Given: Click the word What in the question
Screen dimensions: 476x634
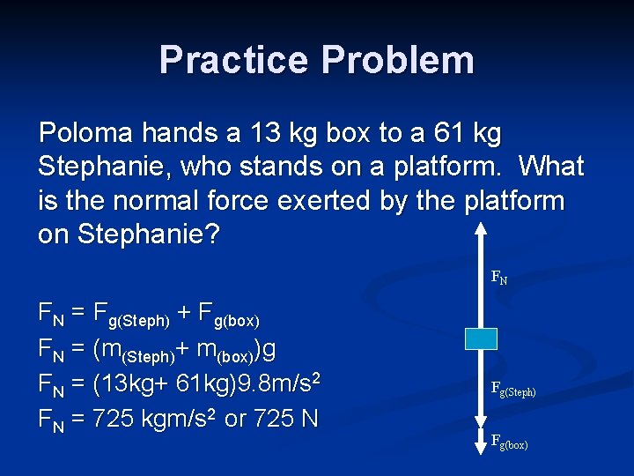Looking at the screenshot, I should click(551, 167).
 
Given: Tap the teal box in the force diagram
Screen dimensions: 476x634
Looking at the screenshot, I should click(481, 338).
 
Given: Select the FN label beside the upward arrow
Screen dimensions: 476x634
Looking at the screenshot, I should click(499, 278).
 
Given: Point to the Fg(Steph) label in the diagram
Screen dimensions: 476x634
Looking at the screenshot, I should click(513, 389).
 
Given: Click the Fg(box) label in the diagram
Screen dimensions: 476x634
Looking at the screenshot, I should click(510, 442).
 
